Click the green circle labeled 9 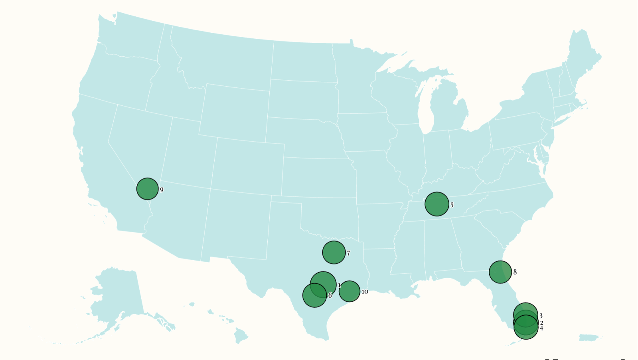point(147,189)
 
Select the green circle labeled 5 point(437,204)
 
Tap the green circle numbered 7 point(334,252)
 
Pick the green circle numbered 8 point(500,272)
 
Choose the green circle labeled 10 point(350,291)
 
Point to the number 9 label point(162,190)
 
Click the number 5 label point(452,205)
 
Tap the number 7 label point(348,253)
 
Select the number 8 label point(515,272)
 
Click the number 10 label point(365,292)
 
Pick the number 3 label point(541,316)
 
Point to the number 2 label point(541,323)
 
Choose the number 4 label point(541,328)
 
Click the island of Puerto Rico point(589,338)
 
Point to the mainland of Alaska point(118,295)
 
